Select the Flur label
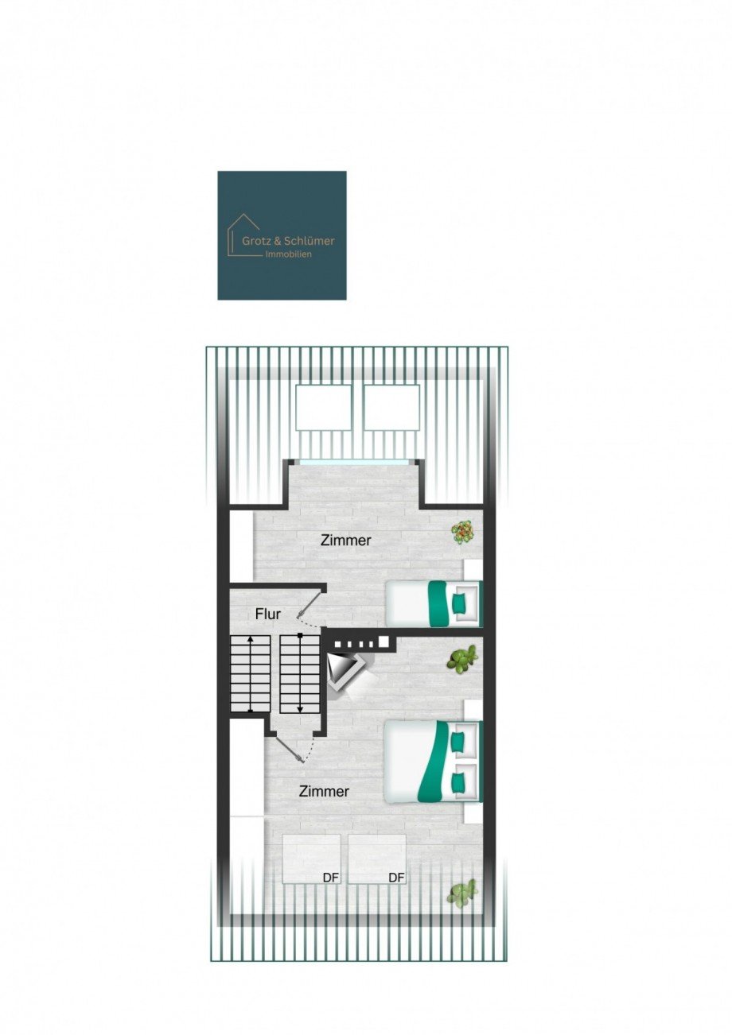point(267,614)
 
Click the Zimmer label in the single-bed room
point(346,541)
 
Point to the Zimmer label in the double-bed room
point(324,792)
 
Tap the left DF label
point(331,878)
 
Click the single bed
point(434,603)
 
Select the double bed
point(434,761)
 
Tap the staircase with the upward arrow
point(251,673)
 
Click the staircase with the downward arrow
point(300,673)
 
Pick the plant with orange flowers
point(462,531)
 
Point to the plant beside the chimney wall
point(462,659)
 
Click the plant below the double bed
point(462,893)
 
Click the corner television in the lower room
point(345,670)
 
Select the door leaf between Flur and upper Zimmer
point(311,603)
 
